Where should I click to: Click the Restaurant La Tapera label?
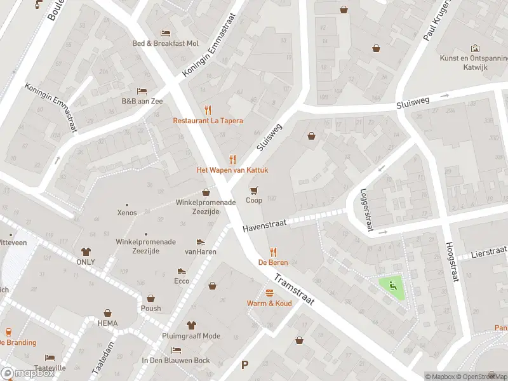coord(208,121)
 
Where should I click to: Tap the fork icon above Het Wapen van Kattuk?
coord(232,159)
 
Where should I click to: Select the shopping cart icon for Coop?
coord(254,190)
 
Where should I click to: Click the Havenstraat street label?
coord(265,224)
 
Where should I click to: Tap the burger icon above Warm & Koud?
coord(269,293)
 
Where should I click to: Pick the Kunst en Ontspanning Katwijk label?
coord(474,62)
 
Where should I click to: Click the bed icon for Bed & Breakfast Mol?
coord(165,33)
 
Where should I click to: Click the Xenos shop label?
coord(126,213)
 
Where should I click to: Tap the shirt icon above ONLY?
coord(86,251)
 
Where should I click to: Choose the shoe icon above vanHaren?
coord(201,241)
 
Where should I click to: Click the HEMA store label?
coord(107,323)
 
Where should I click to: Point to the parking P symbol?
coord(244,365)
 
